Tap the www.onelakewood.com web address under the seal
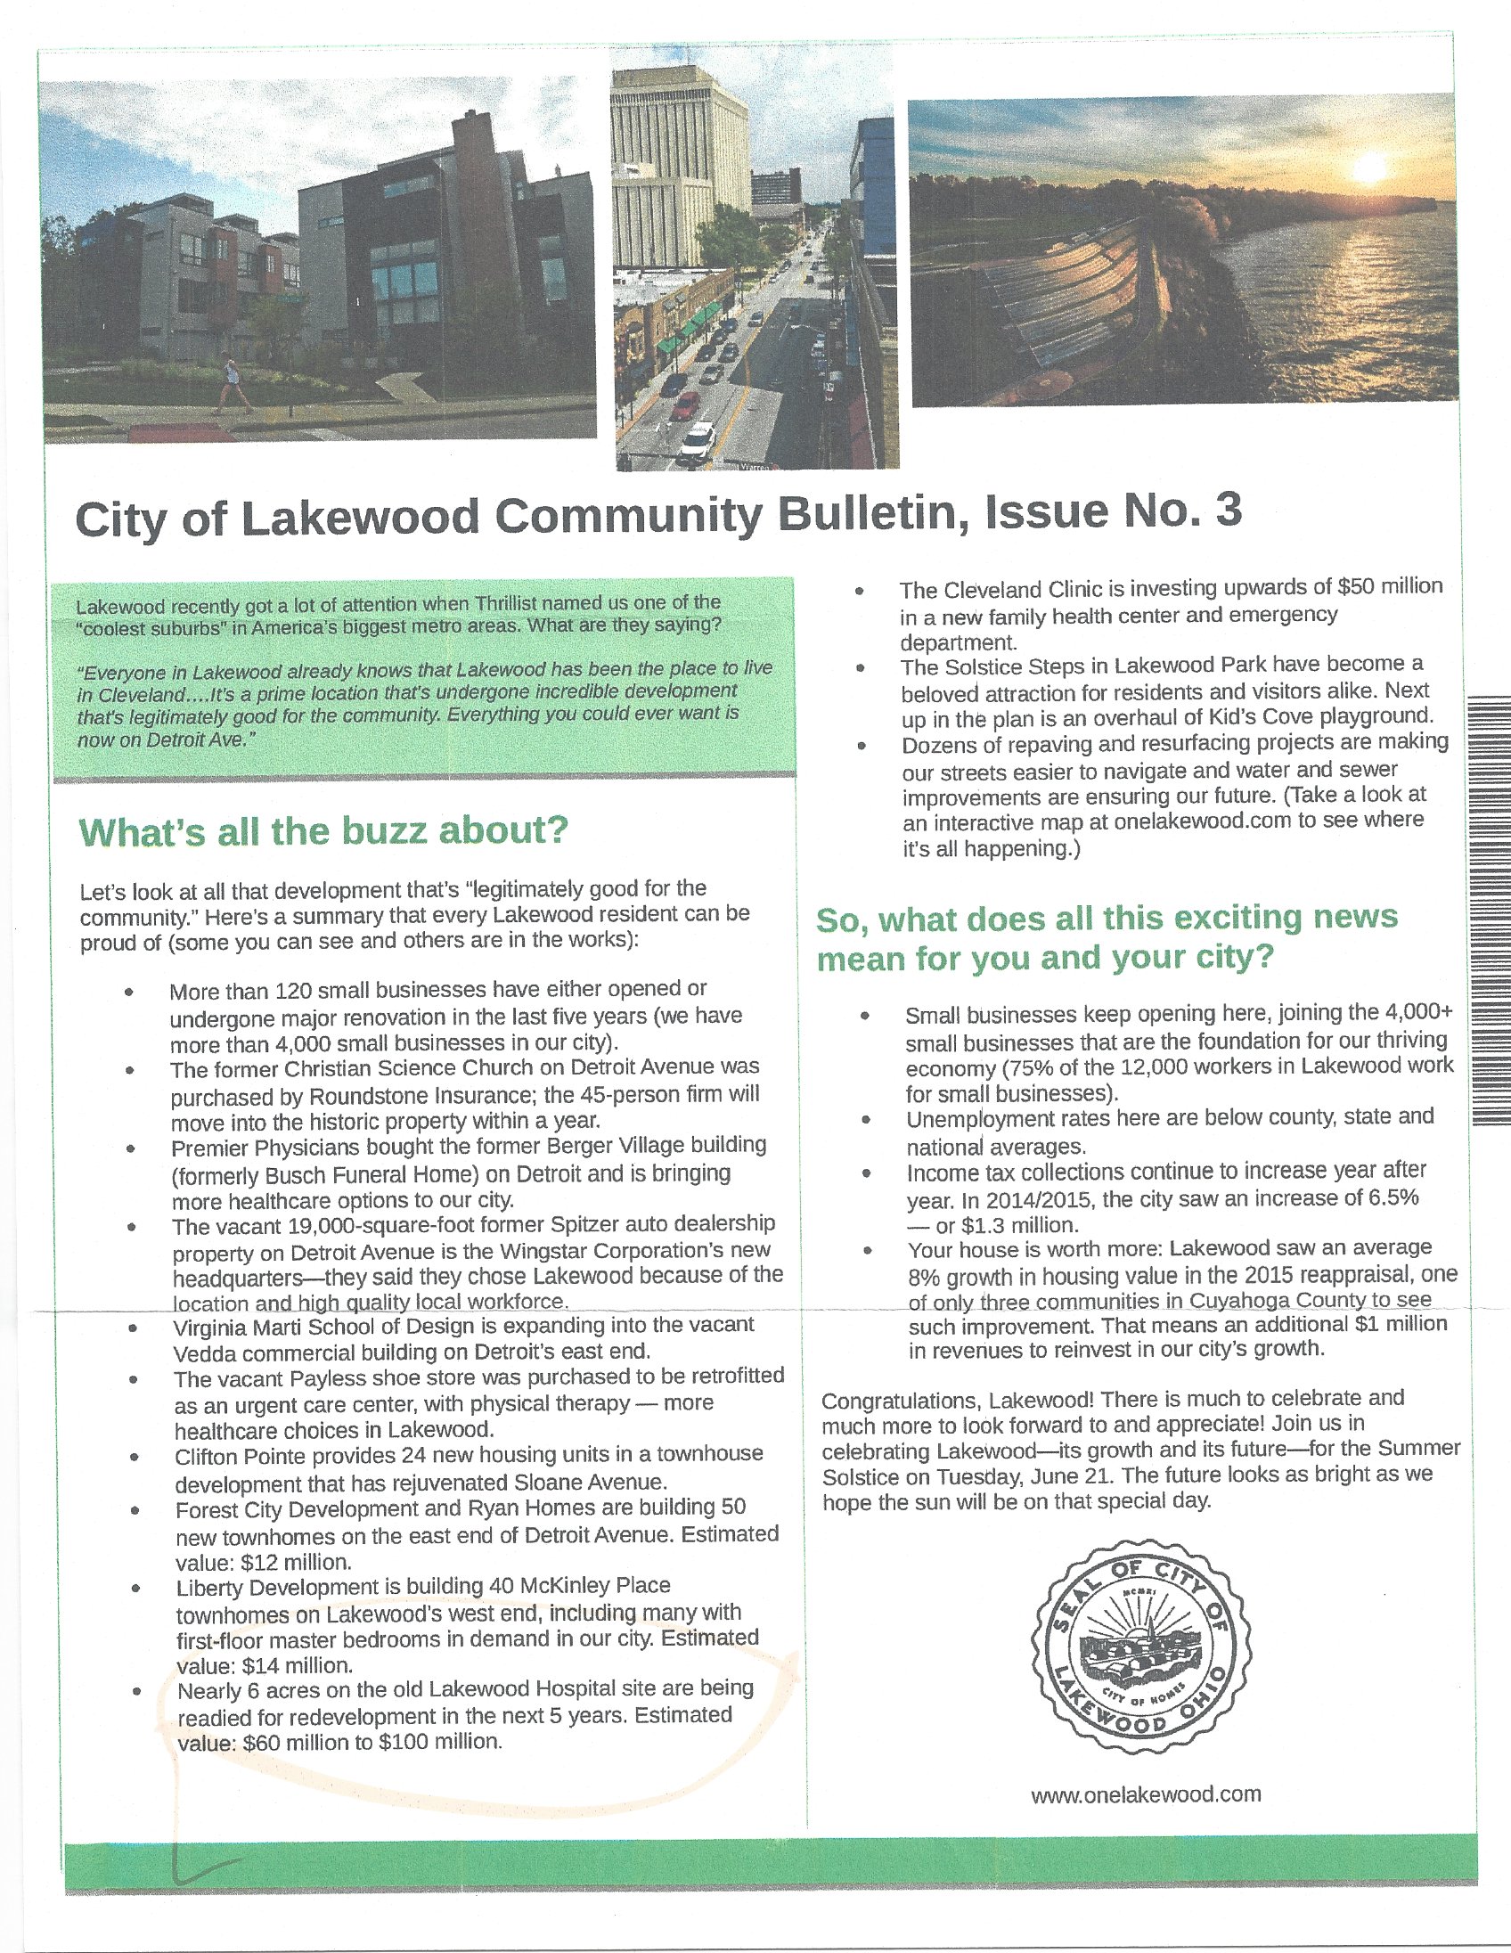tap(1146, 1794)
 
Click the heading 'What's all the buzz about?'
tap(323, 831)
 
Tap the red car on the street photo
tap(686, 405)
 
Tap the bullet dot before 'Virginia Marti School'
tap(133, 1328)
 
